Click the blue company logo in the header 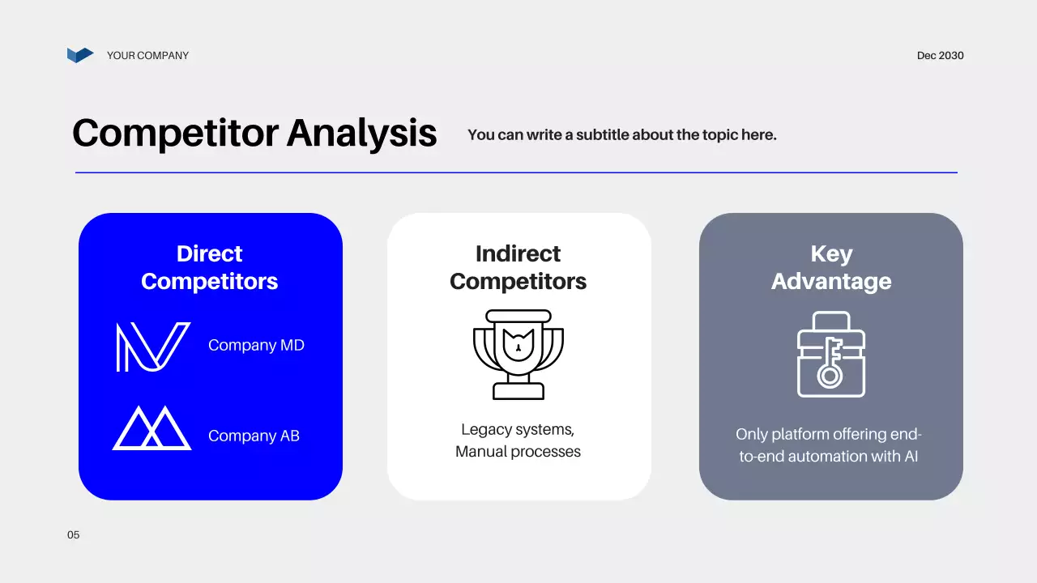pos(80,55)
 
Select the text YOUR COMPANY pos(147,56)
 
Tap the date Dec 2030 pos(940,56)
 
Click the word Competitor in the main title pos(175,133)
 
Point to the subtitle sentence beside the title pos(621,135)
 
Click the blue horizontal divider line pos(516,172)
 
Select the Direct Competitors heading pos(209,267)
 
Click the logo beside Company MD pos(152,347)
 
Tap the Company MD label pos(256,346)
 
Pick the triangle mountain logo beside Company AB pos(152,428)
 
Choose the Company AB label pos(254,436)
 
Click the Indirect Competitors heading pos(518,267)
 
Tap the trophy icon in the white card pos(518,354)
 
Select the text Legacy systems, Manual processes pos(518,440)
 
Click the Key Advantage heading pos(830,267)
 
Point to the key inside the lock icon pos(830,362)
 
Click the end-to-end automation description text pos(829,445)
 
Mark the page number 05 pos(74,535)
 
